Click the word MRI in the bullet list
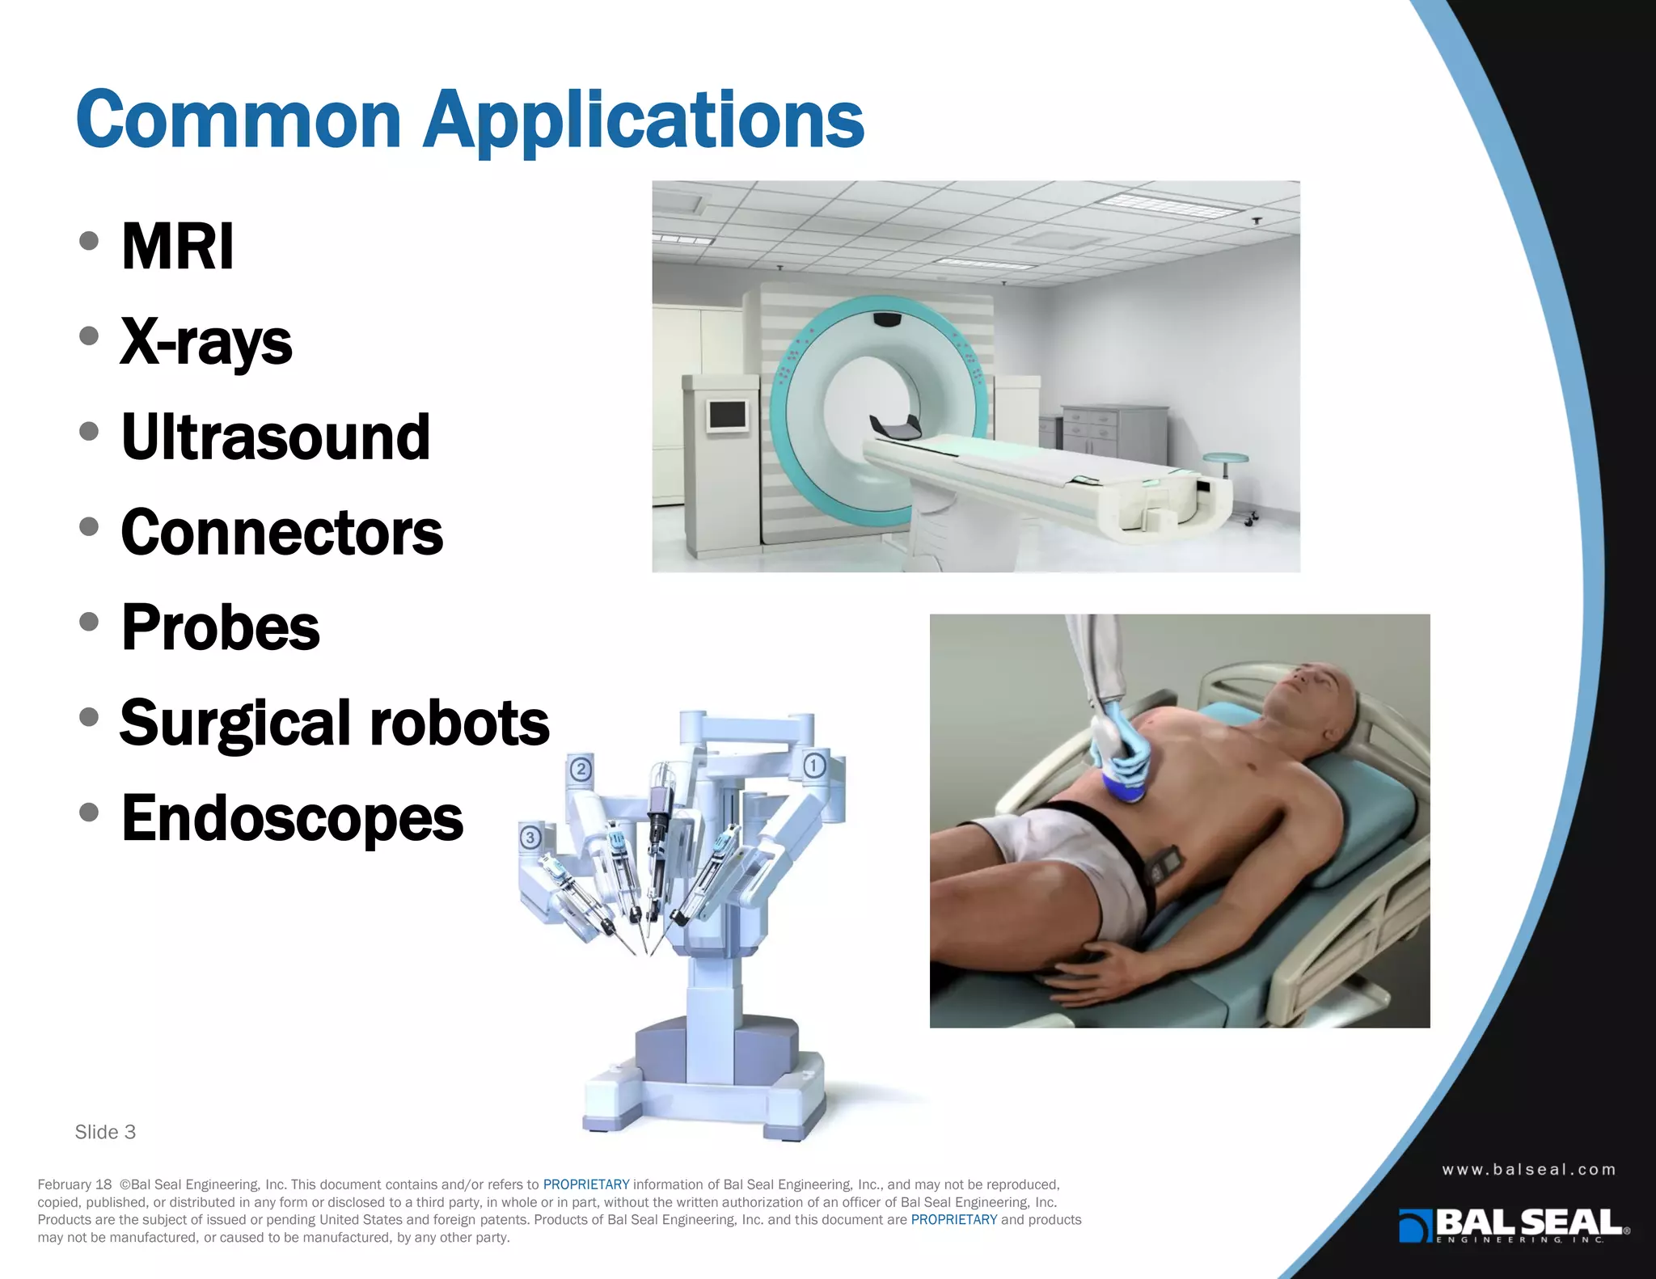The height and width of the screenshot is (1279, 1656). [177, 246]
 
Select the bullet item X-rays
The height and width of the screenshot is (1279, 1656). [206, 342]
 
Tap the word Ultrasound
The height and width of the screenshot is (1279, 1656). [275, 437]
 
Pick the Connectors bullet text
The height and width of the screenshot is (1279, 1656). [281, 533]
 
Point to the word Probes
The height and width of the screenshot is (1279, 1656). [220, 627]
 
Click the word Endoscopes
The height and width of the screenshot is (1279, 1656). [292, 818]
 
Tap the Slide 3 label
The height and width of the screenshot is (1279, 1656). [105, 1132]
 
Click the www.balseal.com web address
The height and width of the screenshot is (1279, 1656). [1528, 1169]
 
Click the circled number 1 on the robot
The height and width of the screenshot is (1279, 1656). [814, 765]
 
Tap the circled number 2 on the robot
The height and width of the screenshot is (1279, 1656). [581, 769]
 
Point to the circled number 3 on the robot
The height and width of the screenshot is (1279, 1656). [530, 838]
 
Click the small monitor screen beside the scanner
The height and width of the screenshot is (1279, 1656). [727, 415]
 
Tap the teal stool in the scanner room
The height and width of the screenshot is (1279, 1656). [1225, 459]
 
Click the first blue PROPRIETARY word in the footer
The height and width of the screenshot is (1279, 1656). [585, 1184]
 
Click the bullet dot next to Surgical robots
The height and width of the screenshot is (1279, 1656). [89, 717]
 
